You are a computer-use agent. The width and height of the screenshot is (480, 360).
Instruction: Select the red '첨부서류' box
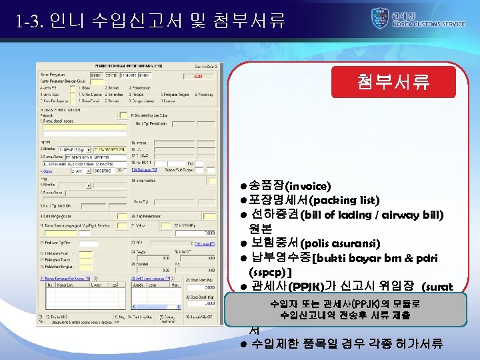(393, 81)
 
